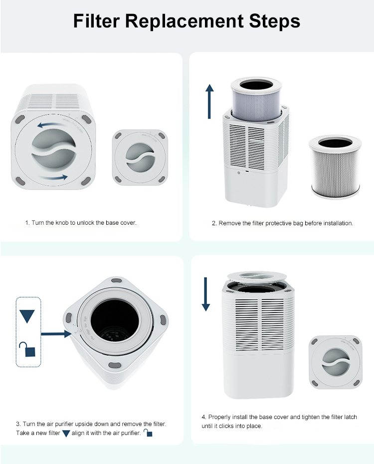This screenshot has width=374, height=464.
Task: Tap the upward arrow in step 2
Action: point(209,101)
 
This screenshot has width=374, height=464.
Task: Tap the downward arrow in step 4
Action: point(205,294)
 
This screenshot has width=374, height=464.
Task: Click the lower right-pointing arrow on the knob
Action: point(54,177)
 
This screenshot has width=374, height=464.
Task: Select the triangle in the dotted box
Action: point(27,316)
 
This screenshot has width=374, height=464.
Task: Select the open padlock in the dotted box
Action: point(27,349)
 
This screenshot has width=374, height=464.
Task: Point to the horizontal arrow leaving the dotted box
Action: point(56,334)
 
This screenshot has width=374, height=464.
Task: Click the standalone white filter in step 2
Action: point(335,167)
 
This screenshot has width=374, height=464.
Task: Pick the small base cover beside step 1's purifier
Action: point(140,157)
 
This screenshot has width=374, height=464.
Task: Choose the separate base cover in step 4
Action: point(335,362)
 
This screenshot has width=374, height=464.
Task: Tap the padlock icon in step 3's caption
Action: point(148,433)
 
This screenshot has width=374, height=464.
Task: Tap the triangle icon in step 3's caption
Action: point(66,434)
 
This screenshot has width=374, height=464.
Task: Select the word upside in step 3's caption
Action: point(84,424)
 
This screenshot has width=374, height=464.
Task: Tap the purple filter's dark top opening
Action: point(256,85)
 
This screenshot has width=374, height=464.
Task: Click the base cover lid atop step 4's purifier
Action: point(257,277)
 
